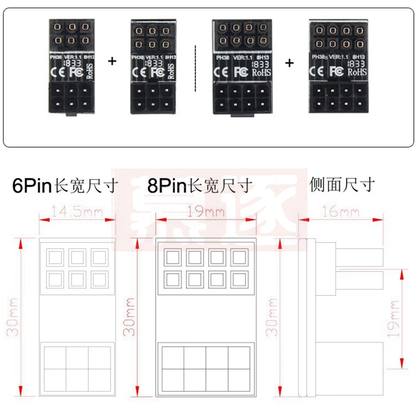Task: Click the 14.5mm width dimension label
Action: (x=77, y=212)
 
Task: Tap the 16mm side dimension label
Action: (x=341, y=212)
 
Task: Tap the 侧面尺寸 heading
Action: (x=342, y=184)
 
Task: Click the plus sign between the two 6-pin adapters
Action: (x=112, y=61)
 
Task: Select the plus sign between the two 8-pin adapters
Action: (x=290, y=63)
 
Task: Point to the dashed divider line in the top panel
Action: (x=196, y=67)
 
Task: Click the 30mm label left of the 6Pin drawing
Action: (x=13, y=317)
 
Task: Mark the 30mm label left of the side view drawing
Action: (x=273, y=317)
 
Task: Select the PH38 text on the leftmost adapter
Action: (x=55, y=56)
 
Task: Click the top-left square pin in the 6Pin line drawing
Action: (x=56, y=257)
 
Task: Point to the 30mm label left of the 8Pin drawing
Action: (x=130, y=317)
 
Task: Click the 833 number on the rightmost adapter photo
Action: (x=357, y=64)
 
